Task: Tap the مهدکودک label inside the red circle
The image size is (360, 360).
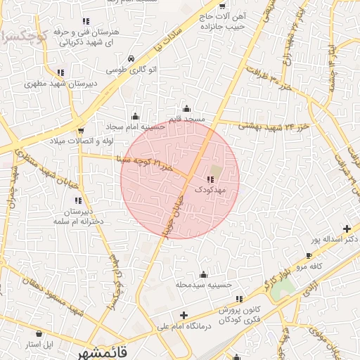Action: tap(211, 190)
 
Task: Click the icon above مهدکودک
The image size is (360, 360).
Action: tap(212, 180)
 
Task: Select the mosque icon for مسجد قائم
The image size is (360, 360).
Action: tap(186, 108)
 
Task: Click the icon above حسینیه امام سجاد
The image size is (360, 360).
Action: tap(136, 116)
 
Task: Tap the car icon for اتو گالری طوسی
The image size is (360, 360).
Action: tap(131, 59)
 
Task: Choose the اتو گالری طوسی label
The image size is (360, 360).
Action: tap(131, 70)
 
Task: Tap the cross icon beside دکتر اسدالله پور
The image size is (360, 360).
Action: tap(347, 229)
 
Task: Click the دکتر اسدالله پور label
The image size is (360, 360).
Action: tap(335, 240)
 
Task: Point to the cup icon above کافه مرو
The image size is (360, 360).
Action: tap(308, 255)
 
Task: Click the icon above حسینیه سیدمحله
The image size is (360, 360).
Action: tap(204, 274)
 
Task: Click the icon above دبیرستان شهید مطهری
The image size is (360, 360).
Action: tap(60, 72)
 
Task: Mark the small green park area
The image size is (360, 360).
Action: tap(286, 288)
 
